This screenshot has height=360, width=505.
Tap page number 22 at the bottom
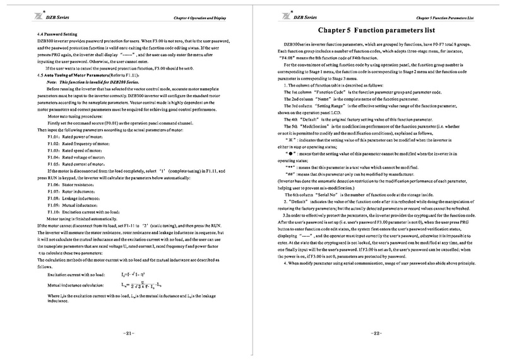pyautogui.click(x=376, y=333)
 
